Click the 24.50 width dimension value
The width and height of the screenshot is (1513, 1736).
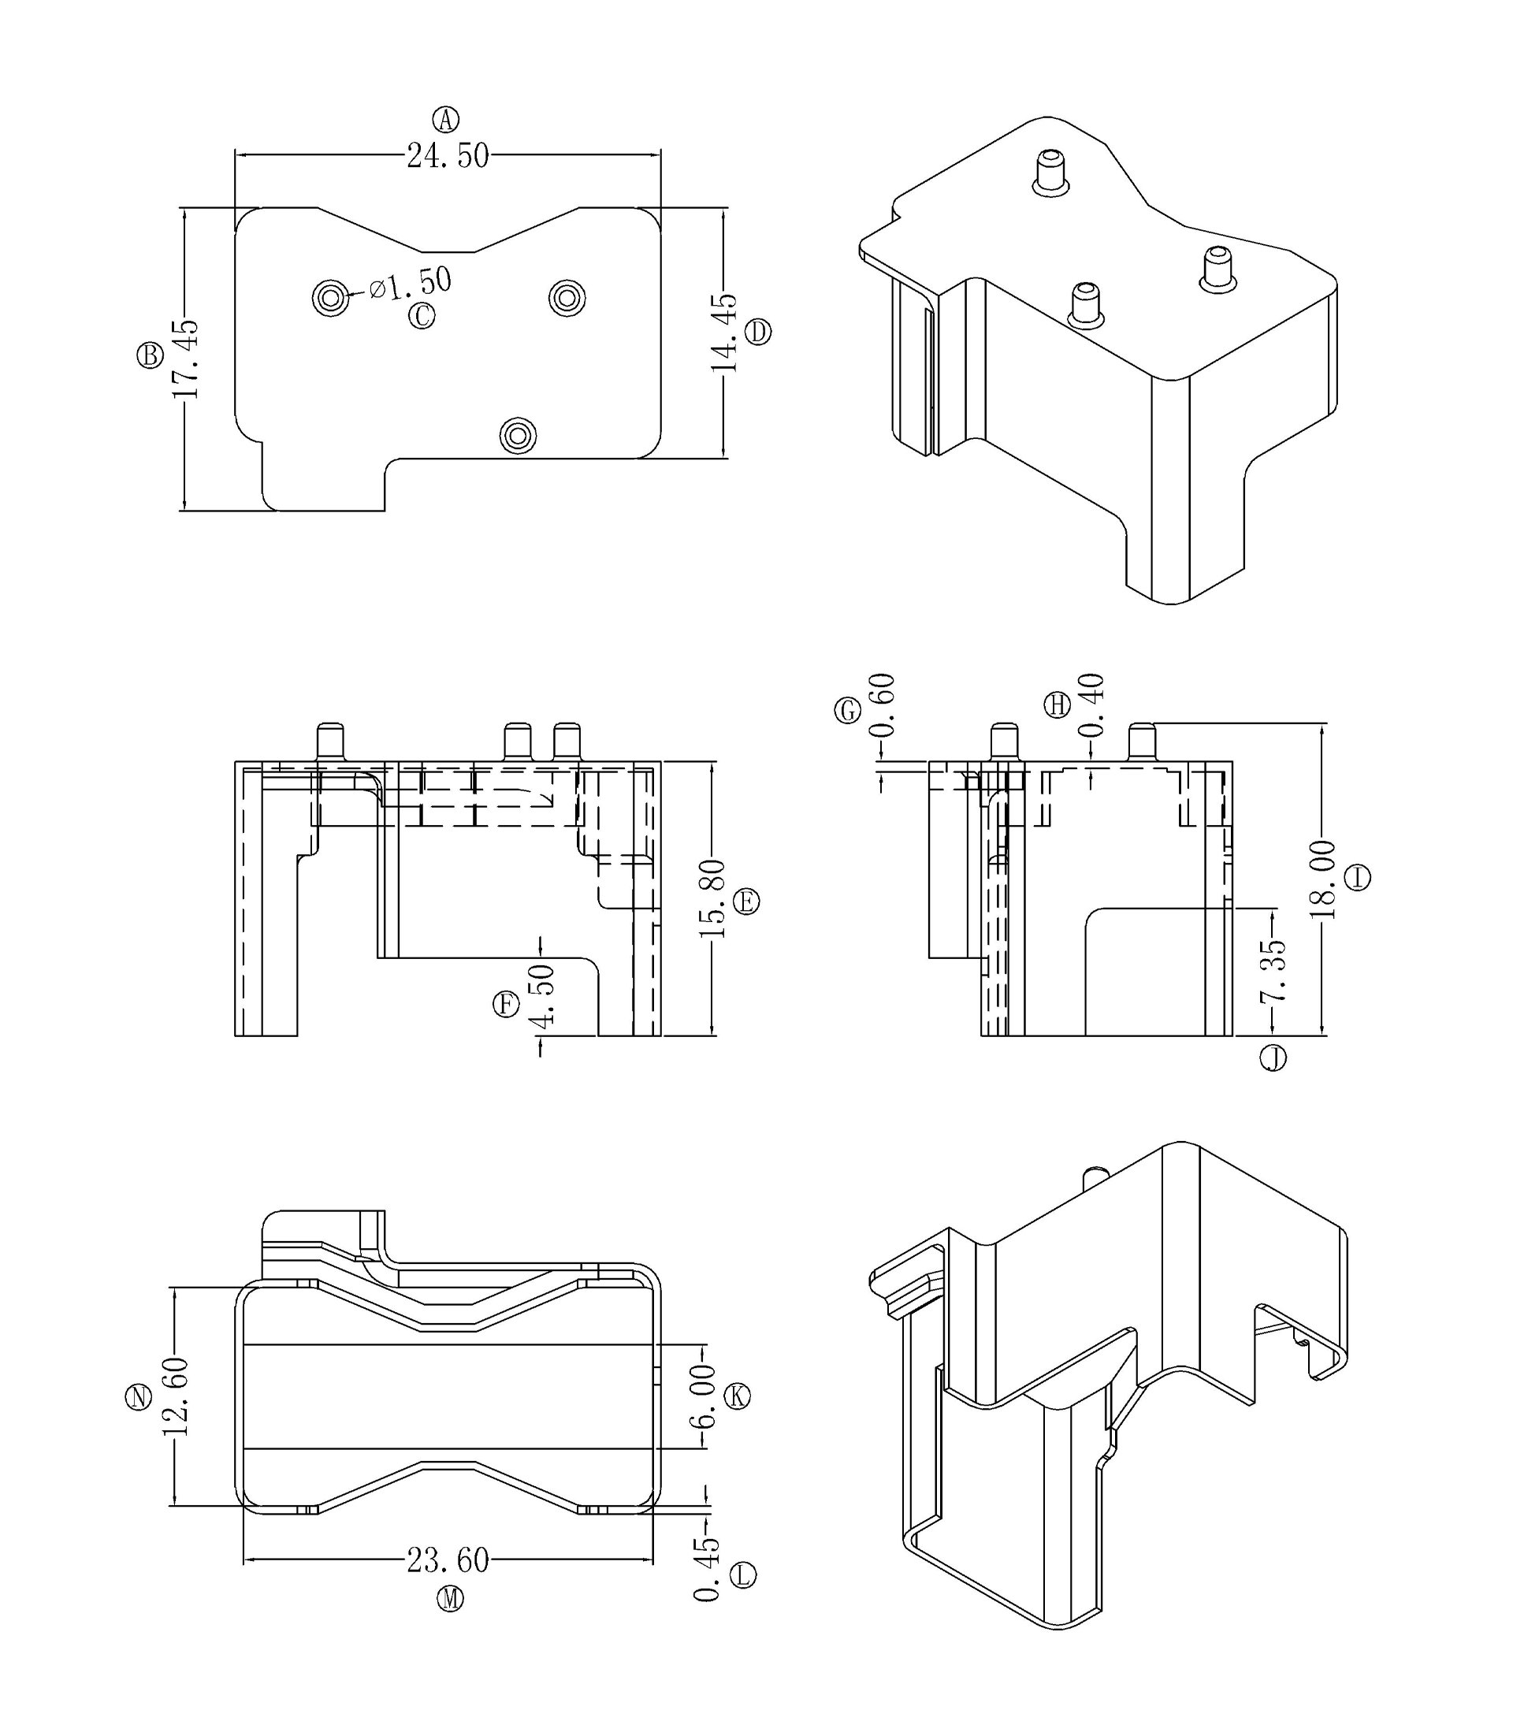coord(448,156)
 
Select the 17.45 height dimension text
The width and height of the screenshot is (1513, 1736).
coord(185,359)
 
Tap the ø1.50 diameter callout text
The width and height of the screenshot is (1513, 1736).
coord(411,283)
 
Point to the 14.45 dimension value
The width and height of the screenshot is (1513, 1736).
coord(724,332)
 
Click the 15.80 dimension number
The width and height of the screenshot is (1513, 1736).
coord(712,899)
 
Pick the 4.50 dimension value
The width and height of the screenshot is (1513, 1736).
coord(541,995)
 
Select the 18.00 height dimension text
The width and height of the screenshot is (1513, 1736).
coord(1322,880)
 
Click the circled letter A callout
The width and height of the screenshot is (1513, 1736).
coord(446,120)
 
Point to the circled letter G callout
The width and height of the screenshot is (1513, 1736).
coord(848,711)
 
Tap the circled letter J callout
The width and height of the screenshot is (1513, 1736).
coord(1273,1058)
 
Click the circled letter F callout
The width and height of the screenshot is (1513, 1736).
coord(506,1005)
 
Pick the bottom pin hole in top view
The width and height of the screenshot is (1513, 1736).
coord(518,436)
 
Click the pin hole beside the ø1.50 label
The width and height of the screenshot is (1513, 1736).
coord(330,297)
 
